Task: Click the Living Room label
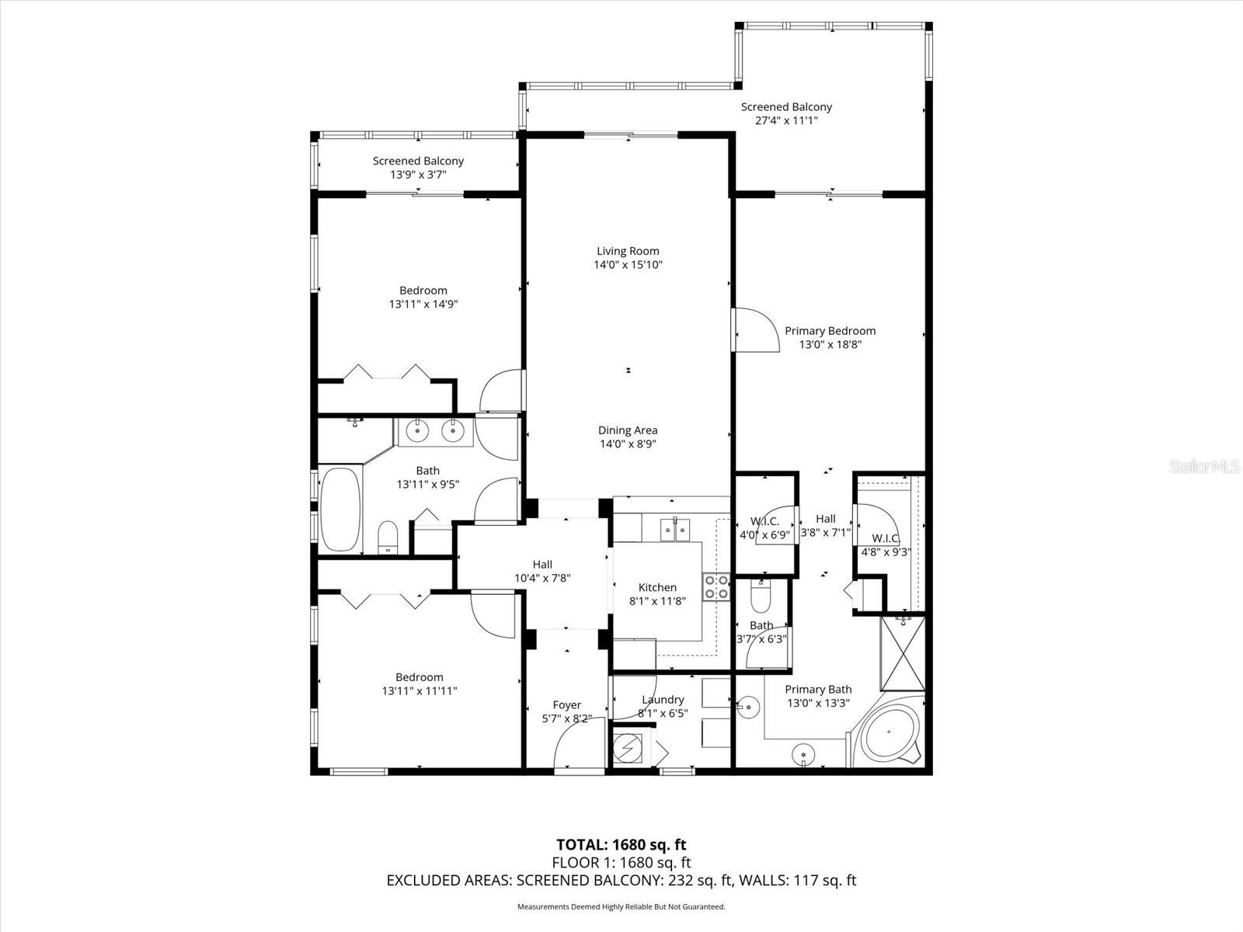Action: [628, 251]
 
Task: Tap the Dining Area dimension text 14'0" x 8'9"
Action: [628, 444]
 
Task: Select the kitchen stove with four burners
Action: [716, 586]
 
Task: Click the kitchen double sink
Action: [674, 530]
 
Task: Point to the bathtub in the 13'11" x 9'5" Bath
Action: [340, 509]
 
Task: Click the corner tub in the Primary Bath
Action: [889, 735]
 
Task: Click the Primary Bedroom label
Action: [830, 331]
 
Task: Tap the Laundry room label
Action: [663, 700]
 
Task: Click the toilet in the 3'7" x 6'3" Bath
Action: [761, 599]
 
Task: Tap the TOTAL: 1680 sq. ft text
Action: [621, 844]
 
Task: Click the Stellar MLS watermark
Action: [1204, 466]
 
